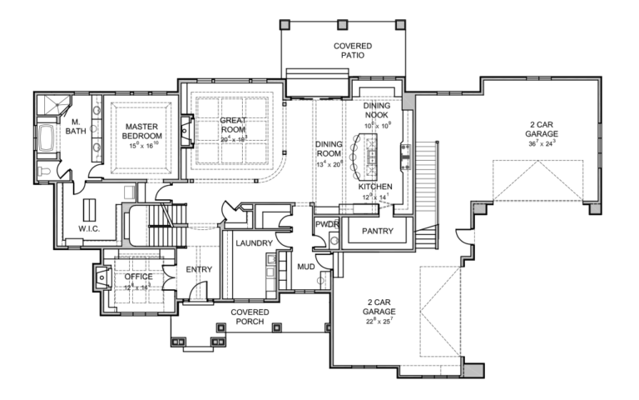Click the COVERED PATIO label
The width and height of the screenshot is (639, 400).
353,51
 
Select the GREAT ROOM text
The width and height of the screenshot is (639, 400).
233,125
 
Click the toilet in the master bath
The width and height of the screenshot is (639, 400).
43,172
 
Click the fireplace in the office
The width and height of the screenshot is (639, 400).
100,277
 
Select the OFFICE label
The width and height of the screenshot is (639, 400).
138,277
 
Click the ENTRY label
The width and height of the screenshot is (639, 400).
199,269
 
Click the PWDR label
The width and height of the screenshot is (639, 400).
326,225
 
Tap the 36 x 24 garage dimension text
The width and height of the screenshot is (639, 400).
542,143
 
